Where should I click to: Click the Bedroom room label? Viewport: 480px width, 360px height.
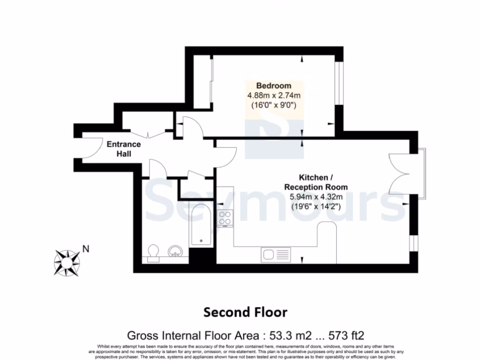click(273, 86)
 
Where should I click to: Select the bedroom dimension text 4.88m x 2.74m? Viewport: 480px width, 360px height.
click(273, 96)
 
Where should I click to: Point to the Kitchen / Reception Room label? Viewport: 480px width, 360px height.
click(316, 182)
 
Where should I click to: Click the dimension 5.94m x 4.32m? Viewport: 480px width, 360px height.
click(316, 196)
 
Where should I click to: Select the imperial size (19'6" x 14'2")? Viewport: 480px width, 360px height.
click(316, 205)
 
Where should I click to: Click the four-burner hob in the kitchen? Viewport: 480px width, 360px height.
click(225, 217)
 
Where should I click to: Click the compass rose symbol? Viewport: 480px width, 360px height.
click(67, 262)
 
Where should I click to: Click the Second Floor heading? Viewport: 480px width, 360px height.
click(245, 312)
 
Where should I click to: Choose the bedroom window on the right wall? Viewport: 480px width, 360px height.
click(339, 83)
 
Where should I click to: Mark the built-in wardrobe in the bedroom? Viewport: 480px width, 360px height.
click(202, 83)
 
